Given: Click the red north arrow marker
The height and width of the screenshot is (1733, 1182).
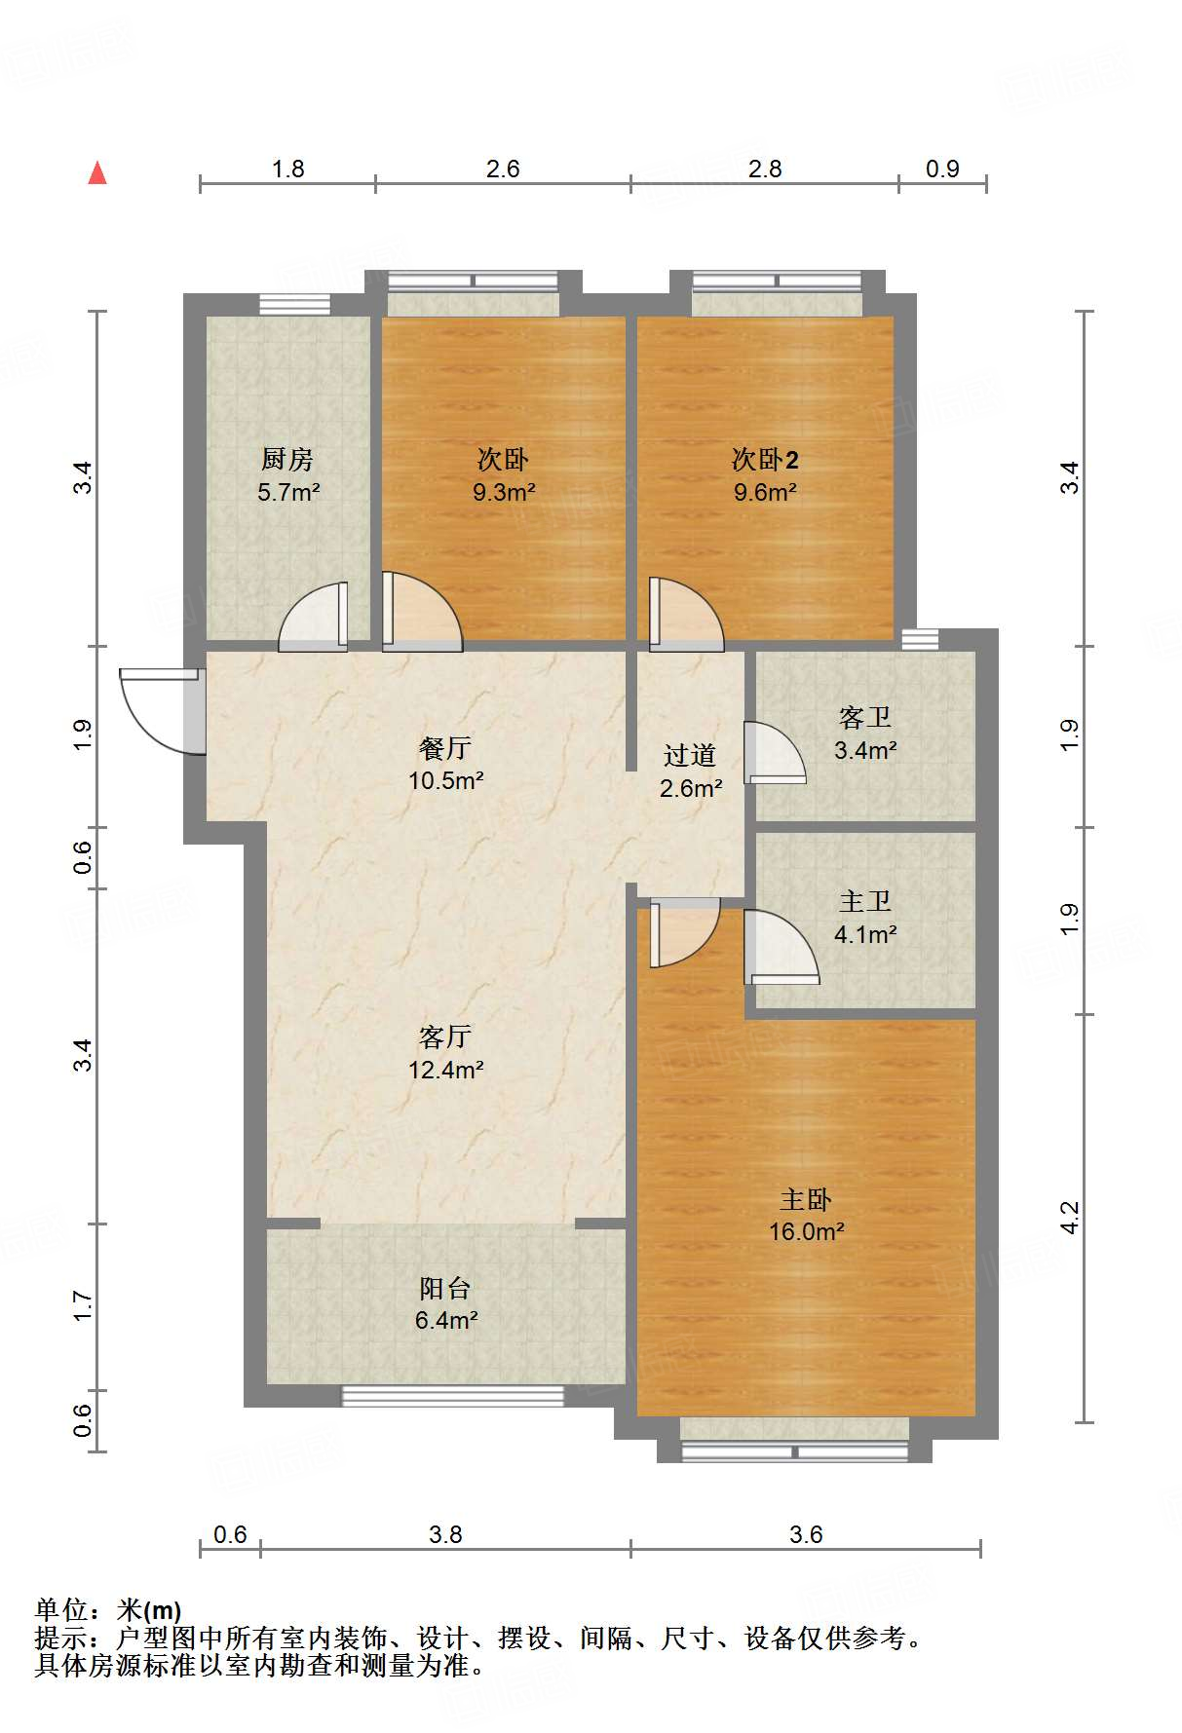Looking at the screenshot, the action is pos(97,172).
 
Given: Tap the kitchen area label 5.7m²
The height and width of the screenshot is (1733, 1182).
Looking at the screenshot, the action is pos(288,492).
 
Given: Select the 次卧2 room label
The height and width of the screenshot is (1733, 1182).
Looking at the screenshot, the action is pos(765,459).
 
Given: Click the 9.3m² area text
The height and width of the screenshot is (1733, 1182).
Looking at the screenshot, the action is pos(504,492).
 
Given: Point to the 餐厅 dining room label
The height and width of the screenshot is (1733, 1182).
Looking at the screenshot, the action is pos(445,748).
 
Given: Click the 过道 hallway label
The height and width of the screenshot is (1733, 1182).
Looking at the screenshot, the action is pos(690,755).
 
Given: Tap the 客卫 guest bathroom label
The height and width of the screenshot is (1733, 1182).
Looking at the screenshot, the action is pos(865,718).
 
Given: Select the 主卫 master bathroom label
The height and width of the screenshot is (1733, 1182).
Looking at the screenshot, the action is pos(865,902).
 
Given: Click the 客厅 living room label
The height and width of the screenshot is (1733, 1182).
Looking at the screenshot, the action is pos(445,1036).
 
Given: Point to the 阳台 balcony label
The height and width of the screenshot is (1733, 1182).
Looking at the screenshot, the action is pos(445,1288).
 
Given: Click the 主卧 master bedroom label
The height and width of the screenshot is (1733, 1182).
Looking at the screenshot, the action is pos(806,1199).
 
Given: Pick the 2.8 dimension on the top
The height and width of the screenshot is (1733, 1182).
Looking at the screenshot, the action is pos(765,169).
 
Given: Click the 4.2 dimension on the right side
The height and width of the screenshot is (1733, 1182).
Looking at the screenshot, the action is pos(1070,1218).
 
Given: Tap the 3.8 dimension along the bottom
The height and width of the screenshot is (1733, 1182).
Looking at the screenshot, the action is pos(445,1534).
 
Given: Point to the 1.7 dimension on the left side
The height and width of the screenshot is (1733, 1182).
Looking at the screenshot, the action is pos(83,1305).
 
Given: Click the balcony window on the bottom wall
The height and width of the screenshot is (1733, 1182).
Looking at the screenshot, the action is pos(453,1396).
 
